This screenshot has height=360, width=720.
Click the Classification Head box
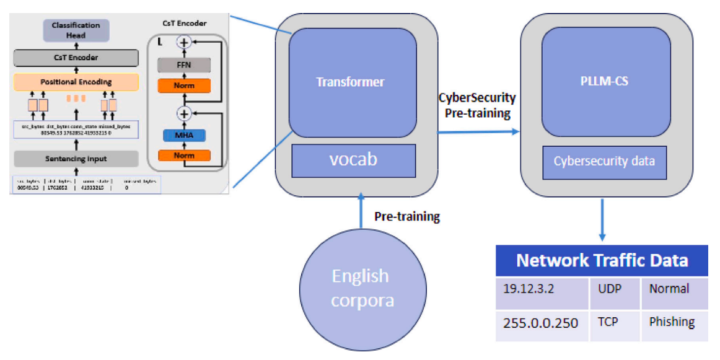76,30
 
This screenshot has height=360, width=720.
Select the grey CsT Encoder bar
76,58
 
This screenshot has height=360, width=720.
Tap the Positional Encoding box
76,82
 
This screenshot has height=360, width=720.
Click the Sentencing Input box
76,159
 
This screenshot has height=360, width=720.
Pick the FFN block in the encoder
184,65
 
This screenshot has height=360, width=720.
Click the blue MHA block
184,134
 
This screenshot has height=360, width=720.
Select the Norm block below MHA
184,156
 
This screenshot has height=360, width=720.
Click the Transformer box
350,82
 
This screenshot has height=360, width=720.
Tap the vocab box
353,160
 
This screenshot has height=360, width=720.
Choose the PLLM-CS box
605,81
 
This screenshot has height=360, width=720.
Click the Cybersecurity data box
605,162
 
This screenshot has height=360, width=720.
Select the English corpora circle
360,288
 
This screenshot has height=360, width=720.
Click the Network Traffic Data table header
601,260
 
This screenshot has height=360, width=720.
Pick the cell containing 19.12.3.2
542,289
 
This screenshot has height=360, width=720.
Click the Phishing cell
674,322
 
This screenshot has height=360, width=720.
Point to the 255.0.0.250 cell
542,323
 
